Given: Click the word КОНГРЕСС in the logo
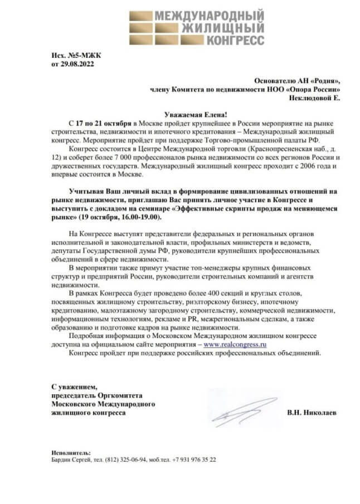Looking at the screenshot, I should click(x=235, y=40).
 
